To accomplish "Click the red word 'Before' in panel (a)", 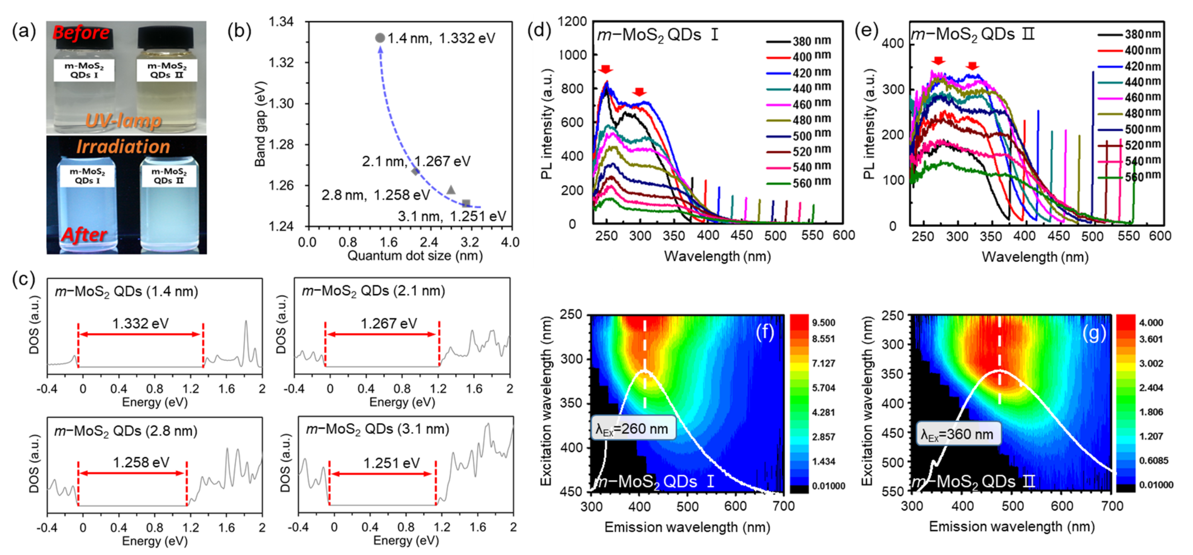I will (x=81, y=33).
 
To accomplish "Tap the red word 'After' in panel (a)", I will (x=84, y=235).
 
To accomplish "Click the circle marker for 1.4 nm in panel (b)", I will (x=380, y=38).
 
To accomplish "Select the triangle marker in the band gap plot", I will (x=450, y=190).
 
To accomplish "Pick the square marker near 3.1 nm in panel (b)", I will (x=466, y=203).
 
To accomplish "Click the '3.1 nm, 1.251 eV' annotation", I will (x=452, y=216).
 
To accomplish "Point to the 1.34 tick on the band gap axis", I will (x=281, y=22).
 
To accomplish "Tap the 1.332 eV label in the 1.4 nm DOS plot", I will (x=140, y=323).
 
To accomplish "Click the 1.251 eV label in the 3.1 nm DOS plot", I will (x=391, y=463).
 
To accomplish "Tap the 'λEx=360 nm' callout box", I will (x=958, y=434).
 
